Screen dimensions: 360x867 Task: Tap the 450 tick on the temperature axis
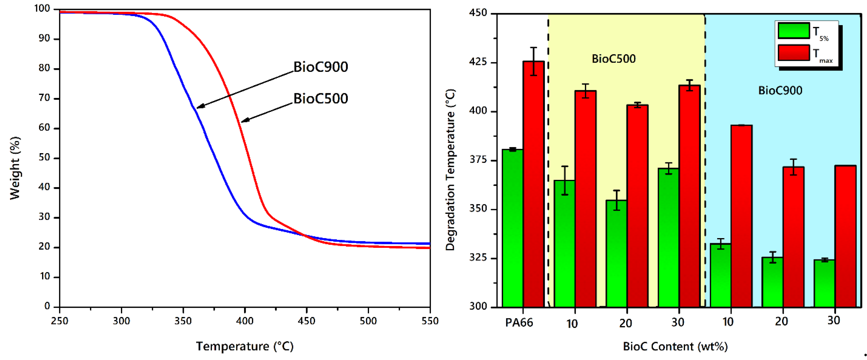[306, 321]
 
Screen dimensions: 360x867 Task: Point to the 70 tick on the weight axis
[44, 98]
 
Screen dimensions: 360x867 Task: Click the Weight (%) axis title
[15, 168]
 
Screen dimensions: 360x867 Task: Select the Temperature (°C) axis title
[245, 346]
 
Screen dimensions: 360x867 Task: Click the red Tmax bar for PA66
[533, 185]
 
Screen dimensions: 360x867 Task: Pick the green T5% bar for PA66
[512, 229]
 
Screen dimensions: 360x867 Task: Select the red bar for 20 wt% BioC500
[637, 205]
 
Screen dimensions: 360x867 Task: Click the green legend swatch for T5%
[794, 31]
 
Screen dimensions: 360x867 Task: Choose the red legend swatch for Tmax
[794, 53]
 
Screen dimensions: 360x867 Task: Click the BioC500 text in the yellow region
[614, 59]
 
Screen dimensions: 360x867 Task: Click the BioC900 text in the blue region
[780, 90]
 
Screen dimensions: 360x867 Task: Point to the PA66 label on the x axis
[519, 323]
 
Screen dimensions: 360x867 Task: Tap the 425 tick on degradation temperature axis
[478, 62]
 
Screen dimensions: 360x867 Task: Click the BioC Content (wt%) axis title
[675, 346]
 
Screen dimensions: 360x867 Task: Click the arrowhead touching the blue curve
[199, 107]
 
